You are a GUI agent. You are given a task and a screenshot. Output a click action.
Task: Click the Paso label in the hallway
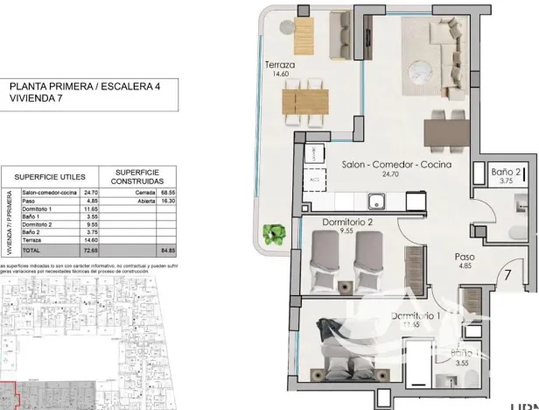coord(464,258)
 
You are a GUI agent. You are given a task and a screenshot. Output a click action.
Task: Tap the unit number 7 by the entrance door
coord(507,273)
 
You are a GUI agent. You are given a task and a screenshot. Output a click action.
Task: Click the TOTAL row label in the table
coord(31,250)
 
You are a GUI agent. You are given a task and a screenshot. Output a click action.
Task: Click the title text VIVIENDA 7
coord(35,99)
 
